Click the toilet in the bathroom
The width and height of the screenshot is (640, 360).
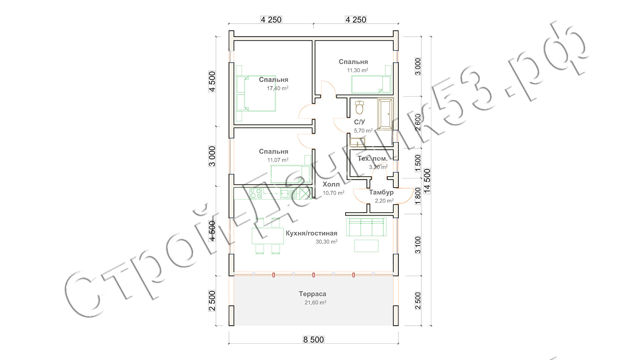pyautogui.click(x=359, y=107)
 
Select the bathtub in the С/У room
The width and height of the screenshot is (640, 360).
pyautogui.click(x=385, y=114)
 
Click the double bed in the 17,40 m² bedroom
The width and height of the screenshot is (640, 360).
pyautogui.click(x=256, y=93)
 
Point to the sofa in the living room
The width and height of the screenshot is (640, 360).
pyautogui.click(x=366, y=227)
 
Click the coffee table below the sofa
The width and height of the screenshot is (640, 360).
pyautogui.click(x=366, y=246)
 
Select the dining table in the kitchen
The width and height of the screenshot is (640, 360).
pyautogui.click(x=268, y=236)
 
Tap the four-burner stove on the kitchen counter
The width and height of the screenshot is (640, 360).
pyautogui.click(x=256, y=193)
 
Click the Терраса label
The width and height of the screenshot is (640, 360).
pyautogui.click(x=312, y=294)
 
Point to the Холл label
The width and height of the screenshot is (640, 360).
pyautogui.click(x=331, y=184)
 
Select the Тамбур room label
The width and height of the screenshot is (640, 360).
pyautogui.click(x=381, y=192)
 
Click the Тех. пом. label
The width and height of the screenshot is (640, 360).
pyautogui.click(x=372, y=158)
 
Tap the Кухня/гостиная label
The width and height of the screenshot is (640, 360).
pyautogui.click(x=311, y=233)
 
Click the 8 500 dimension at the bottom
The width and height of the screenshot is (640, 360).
pyautogui.click(x=313, y=340)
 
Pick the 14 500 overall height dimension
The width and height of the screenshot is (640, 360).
pyautogui.click(x=427, y=181)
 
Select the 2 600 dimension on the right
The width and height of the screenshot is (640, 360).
pyautogui.click(x=418, y=122)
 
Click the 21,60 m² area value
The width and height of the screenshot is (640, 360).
pyautogui.click(x=315, y=303)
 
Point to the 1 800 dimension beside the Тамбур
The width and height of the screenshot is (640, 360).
pyautogui.click(x=418, y=196)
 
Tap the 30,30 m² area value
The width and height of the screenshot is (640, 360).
pyautogui.click(x=327, y=242)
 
